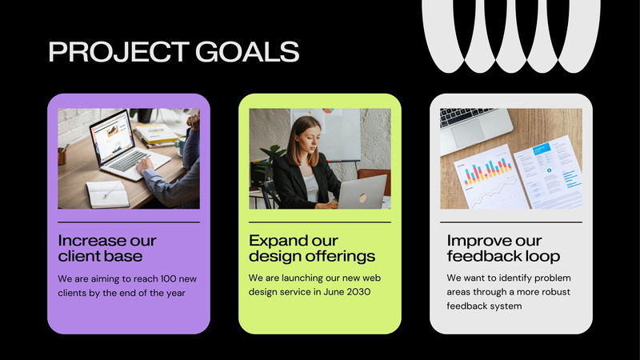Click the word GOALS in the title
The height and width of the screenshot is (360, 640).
[x=247, y=52]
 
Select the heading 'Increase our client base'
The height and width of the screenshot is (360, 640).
[x=107, y=248]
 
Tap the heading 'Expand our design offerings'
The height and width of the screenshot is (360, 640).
[x=312, y=248]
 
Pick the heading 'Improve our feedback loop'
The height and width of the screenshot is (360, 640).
[x=503, y=248]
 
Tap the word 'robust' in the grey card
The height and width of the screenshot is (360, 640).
[x=556, y=292]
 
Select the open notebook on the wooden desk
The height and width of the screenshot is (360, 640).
[x=107, y=194]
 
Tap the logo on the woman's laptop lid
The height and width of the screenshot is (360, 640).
[x=362, y=198]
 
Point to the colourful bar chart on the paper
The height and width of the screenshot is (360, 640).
[x=488, y=171]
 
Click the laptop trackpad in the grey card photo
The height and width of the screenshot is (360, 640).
[x=468, y=134]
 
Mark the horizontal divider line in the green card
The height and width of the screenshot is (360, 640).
[x=320, y=222]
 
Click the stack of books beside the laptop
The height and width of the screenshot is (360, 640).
[x=156, y=135]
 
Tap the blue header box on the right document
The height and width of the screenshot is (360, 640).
[x=542, y=149]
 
